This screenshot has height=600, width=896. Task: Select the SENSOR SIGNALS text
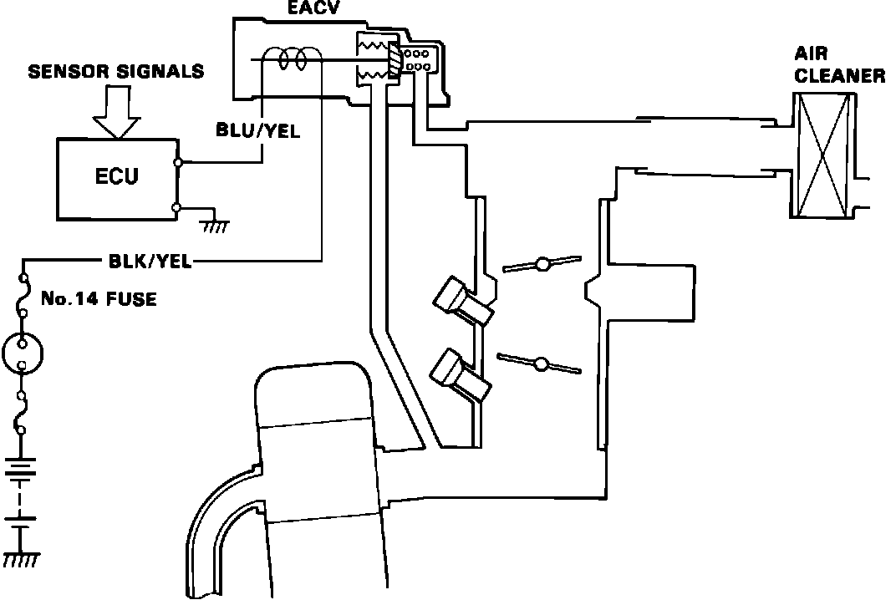[116, 72]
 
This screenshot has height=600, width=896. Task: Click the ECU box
[117, 176]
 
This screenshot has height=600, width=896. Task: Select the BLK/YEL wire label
[151, 262]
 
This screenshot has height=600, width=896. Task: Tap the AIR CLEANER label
[837, 66]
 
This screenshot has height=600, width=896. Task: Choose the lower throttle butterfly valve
[541, 364]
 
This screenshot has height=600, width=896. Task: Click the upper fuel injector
[462, 303]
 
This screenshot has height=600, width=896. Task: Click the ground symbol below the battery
[23, 558]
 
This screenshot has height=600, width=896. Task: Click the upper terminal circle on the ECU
[177, 161]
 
